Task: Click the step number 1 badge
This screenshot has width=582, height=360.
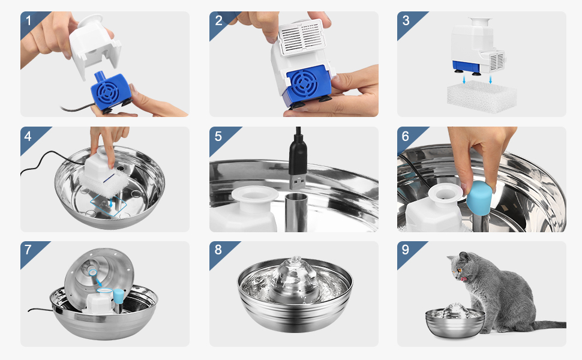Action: click(29, 21)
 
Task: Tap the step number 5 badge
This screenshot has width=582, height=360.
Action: click(218, 136)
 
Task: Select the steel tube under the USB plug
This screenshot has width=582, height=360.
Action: click(296, 212)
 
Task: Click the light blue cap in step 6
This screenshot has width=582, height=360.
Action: click(479, 198)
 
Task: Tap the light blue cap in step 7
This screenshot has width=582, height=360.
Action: click(119, 296)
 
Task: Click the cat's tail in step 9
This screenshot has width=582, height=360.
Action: click(548, 325)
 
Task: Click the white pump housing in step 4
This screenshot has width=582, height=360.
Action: click(99, 165)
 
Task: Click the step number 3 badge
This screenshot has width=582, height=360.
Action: click(406, 21)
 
